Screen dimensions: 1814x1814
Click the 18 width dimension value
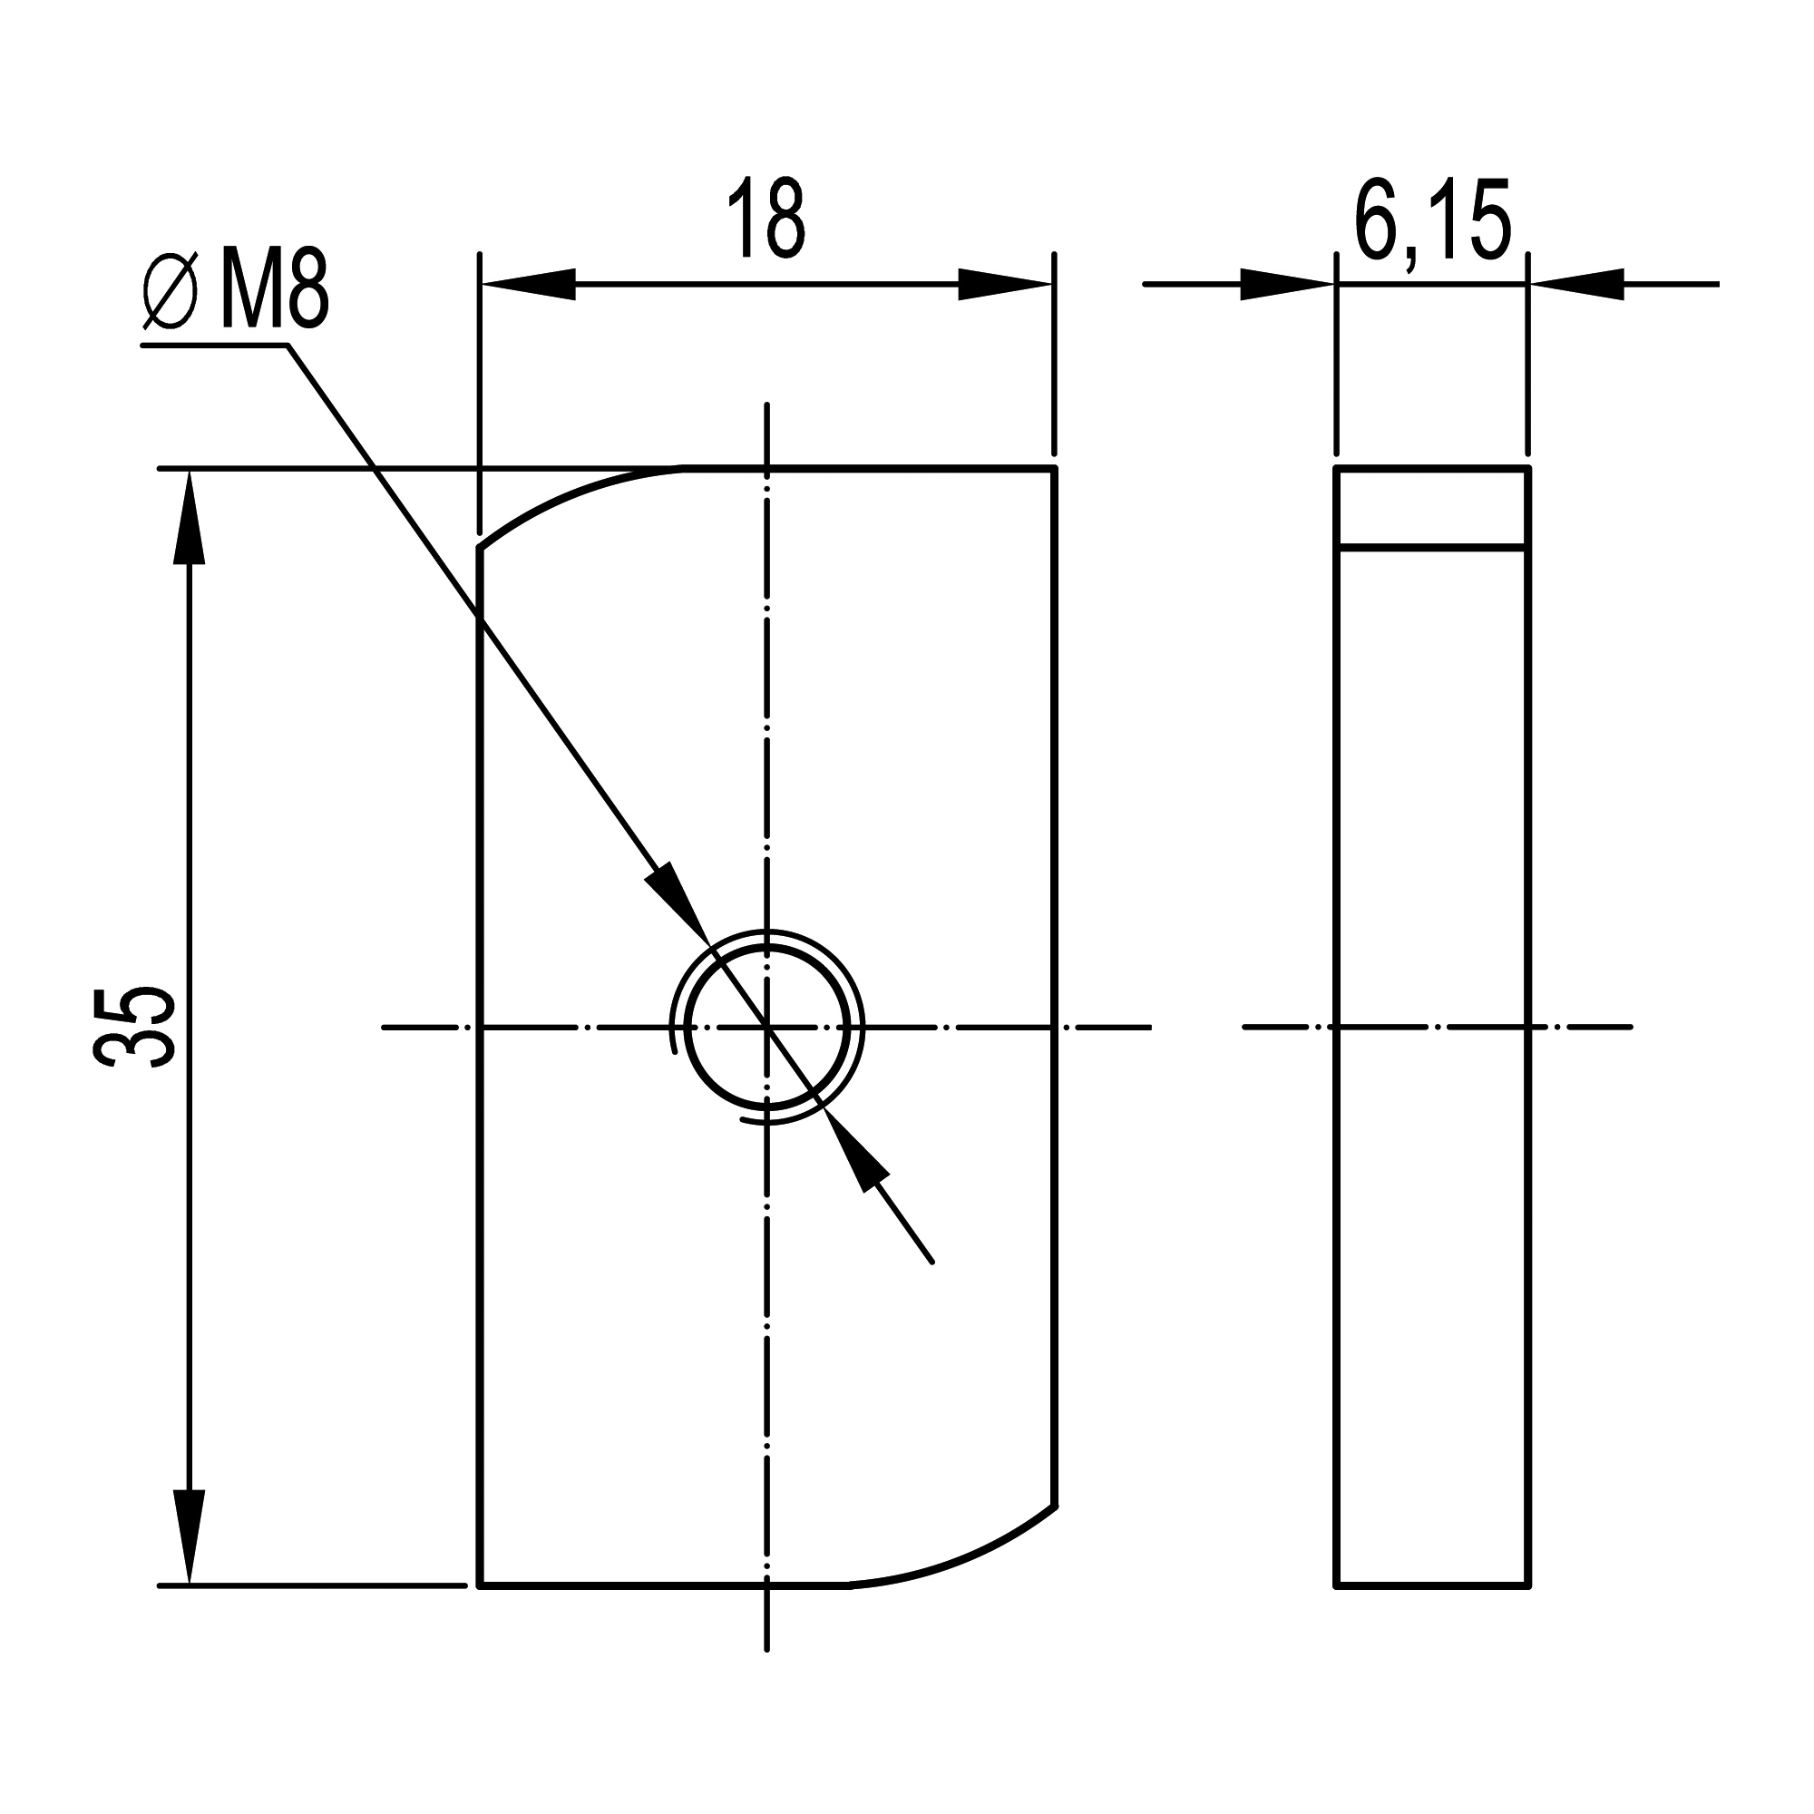pyautogui.click(x=766, y=217)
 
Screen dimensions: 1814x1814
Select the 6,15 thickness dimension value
pyautogui.click(x=1432, y=219)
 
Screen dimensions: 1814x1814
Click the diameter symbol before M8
pyautogui.click(x=171, y=291)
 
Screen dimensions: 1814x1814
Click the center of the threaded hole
pyautogui.click(x=767, y=1029)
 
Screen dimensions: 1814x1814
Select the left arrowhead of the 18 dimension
pyautogui.click(x=528, y=284)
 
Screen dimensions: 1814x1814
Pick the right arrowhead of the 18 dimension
pyautogui.click(x=1004, y=284)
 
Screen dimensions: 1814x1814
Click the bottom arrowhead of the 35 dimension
pyautogui.click(x=190, y=1537)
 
